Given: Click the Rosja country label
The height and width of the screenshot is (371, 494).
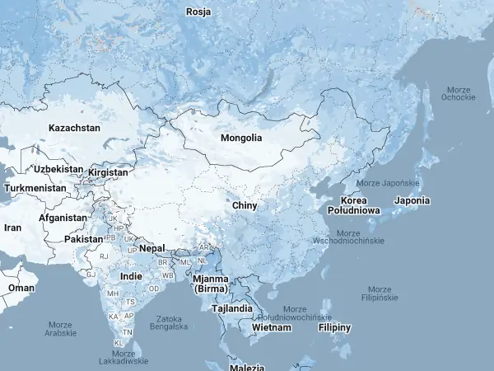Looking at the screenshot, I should click(x=198, y=12).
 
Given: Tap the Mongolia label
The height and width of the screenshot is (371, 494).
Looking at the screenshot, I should click(x=241, y=138).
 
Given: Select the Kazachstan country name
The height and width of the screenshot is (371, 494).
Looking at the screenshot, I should click(x=74, y=128).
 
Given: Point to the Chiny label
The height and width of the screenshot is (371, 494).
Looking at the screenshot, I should click(x=245, y=205).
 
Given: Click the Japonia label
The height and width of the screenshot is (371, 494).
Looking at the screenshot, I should click(x=412, y=200).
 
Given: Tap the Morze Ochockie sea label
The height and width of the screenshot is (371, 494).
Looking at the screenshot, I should click(x=458, y=93).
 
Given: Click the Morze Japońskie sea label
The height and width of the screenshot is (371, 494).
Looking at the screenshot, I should click(x=389, y=182).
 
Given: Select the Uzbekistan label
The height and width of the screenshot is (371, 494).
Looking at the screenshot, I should click(x=58, y=169).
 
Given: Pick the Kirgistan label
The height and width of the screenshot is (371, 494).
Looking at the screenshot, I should click(x=108, y=172).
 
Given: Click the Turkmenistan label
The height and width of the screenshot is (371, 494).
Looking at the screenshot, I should click(x=35, y=188).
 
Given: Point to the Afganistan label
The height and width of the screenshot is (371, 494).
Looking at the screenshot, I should click(x=63, y=218).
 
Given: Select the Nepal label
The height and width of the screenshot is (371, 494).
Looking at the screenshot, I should click(x=151, y=248).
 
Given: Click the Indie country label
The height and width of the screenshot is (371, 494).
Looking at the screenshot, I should click(x=131, y=276).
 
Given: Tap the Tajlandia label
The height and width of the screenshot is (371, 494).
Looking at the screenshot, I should click(x=232, y=308).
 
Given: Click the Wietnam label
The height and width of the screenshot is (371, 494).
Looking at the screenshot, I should click(x=272, y=327).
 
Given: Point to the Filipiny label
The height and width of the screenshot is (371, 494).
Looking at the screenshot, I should click(x=334, y=327).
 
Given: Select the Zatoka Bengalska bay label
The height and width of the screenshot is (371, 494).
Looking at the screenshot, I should click(x=168, y=322).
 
